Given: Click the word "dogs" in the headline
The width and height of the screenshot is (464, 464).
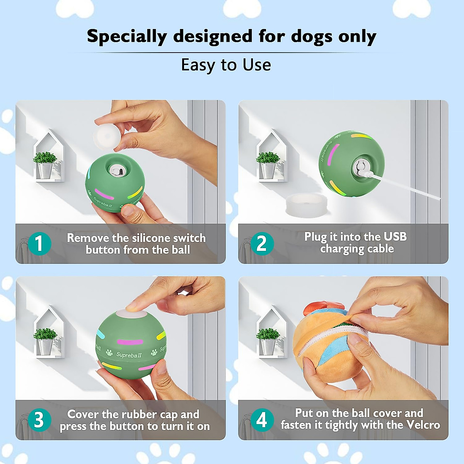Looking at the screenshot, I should [312, 37].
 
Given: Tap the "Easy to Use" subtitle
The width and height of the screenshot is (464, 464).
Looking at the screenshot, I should [226, 65].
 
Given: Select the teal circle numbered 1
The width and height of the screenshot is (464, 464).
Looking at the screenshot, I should [39, 244].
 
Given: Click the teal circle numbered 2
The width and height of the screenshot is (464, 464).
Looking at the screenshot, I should [262, 244].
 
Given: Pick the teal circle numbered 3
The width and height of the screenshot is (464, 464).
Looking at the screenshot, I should [39, 420].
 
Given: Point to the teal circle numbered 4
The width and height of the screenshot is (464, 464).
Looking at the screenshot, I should [262, 420].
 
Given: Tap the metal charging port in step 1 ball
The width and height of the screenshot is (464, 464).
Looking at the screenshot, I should [115, 169].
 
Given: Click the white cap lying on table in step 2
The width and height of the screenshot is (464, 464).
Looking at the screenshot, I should [306, 205].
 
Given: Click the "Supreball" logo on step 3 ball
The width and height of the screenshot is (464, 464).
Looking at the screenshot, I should [129, 355].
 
